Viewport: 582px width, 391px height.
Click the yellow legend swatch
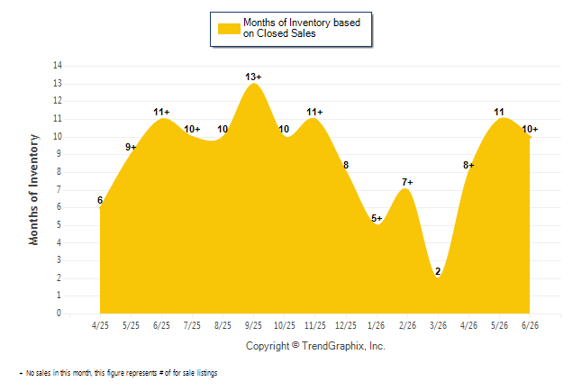[x=229, y=29]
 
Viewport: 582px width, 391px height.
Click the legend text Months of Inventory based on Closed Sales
[x=302, y=28]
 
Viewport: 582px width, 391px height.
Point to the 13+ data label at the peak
[x=253, y=77]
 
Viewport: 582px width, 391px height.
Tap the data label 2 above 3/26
[x=438, y=271]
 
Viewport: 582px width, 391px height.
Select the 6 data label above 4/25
[x=100, y=200]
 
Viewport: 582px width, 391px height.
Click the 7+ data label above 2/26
[x=407, y=182]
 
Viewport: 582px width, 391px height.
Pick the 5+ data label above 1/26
[x=377, y=218]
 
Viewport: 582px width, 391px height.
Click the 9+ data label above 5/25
[x=131, y=147]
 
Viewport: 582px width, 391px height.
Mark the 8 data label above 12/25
[x=346, y=165]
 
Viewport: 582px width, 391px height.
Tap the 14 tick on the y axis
[x=58, y=66]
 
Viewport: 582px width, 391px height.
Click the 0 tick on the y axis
[x=59, y=313]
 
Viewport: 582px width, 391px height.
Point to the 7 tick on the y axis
[x=59, y=190]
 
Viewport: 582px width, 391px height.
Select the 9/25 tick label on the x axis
[x=253, y=325]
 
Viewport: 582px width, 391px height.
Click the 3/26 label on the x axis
[x=438, y=325]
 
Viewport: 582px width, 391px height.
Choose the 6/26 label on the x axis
[x=530, y=325]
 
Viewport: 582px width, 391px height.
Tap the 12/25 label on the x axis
[x=346, y=325]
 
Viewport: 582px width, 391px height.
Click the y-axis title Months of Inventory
[x=33, y=190]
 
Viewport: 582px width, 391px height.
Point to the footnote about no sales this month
[x=118, y=373]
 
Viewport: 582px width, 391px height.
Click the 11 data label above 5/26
[x=499, y=112]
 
